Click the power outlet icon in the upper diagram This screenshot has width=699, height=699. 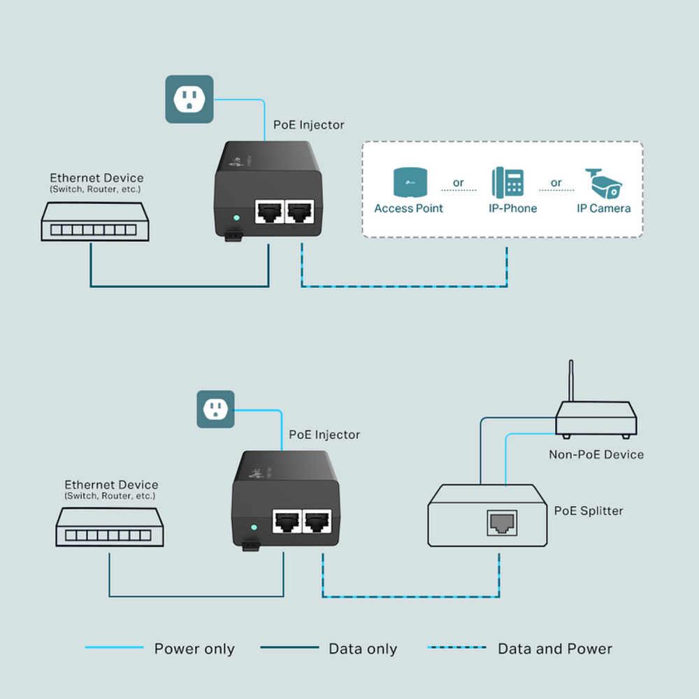tap(189, 99)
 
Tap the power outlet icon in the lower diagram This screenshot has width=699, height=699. tap(216, 409)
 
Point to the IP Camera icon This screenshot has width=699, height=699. tap(603, 183)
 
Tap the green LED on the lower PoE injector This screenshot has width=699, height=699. tap(254, 528)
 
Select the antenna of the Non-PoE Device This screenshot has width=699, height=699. tap(570, 381)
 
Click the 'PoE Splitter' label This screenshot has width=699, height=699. tap(588, 511)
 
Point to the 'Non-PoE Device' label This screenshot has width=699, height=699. tap(596, 454)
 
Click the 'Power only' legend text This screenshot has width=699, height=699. tap(194, 649)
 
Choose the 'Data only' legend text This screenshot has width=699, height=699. tap(363, 649)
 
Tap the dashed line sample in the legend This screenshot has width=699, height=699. tap(456, 648)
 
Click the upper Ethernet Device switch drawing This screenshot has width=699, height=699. tap(94, 222)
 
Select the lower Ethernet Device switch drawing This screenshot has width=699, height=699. tap(110, 527)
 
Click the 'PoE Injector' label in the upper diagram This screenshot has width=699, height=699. tap(308, 125)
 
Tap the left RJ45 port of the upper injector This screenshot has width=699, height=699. tap(270, 212)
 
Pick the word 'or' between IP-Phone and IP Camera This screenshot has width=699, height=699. tap(556, 183)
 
